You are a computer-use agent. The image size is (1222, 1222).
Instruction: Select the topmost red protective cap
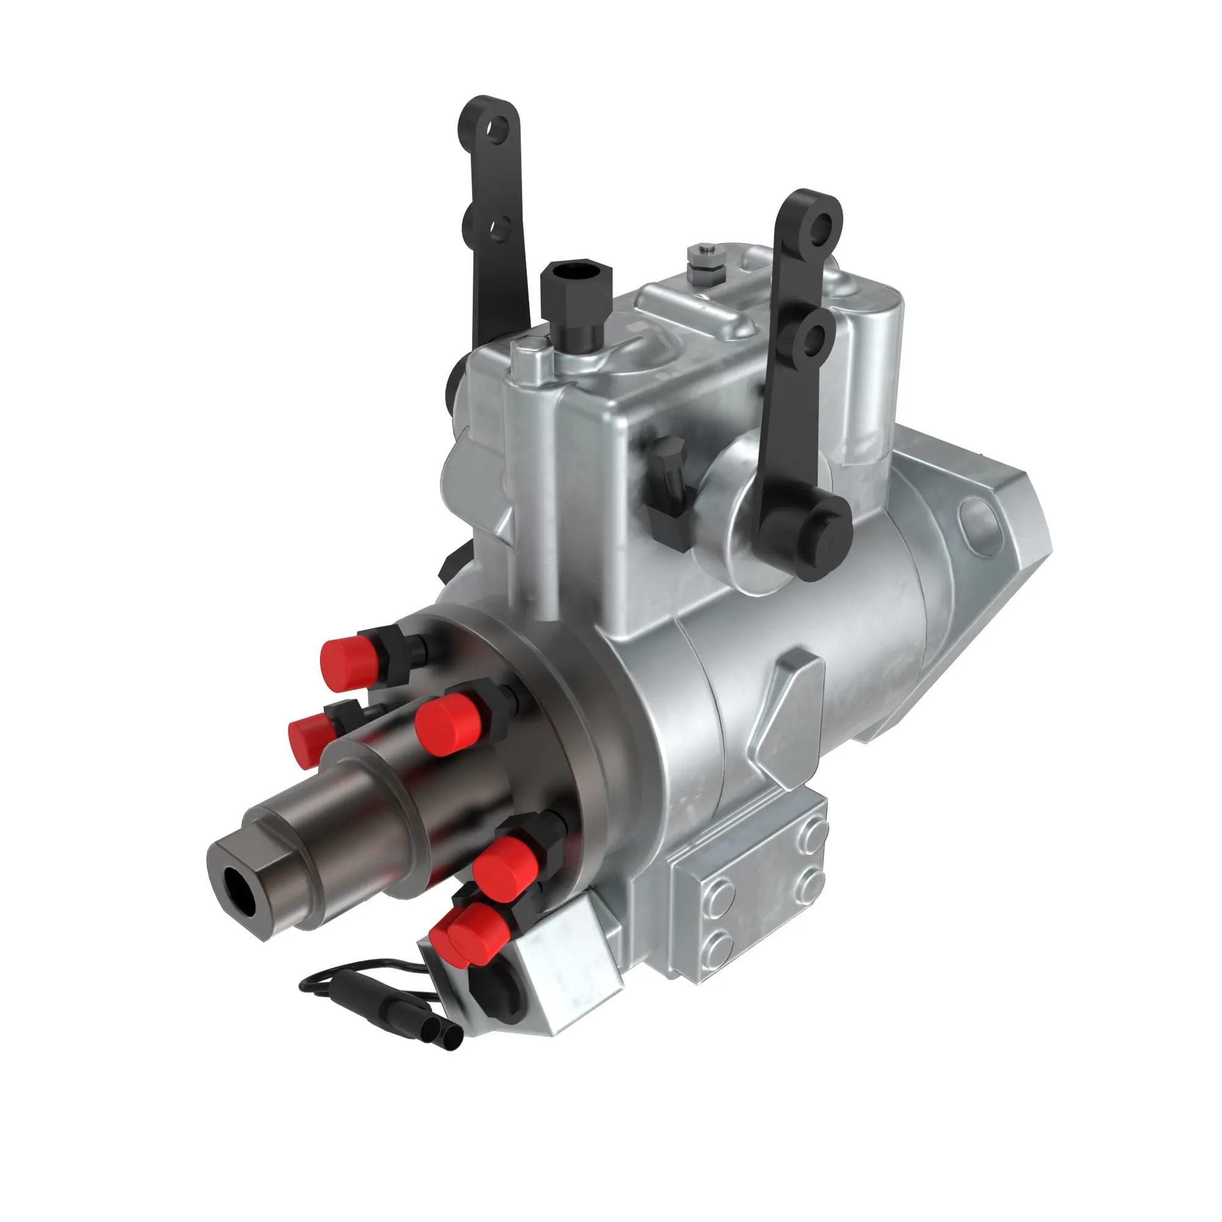[346, 662]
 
